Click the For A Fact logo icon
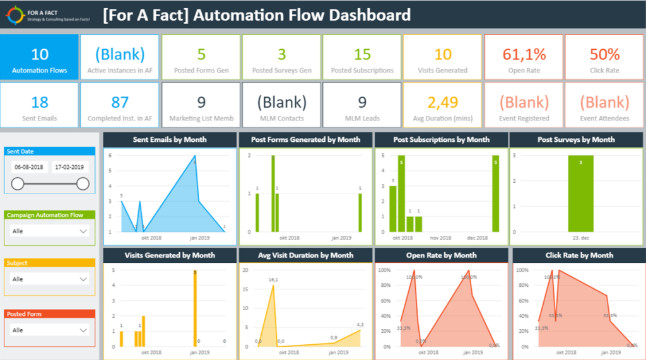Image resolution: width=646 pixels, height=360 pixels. click(x=14, y=15)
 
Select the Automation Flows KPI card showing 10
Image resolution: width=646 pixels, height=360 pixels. click(x=40, y=57)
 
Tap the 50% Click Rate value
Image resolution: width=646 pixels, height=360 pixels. click(x=604, y=54)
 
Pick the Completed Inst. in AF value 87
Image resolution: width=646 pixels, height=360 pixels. click(x=120, y=102)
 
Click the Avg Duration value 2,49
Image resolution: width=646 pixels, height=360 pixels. click(x=442, y=102)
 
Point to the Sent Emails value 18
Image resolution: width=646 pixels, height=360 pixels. click(x=40, y=102)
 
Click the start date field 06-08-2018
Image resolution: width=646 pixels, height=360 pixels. click(x=29, y=168)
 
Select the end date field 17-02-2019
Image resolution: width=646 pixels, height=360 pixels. click(x=70, y=168)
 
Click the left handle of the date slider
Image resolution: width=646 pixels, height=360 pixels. click(x=18, y=183)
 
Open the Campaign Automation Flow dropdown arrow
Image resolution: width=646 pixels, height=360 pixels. click(x=83, y=231)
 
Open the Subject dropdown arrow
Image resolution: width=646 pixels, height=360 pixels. click(x=83, y=279)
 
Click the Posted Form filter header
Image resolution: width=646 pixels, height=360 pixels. click(x=50, y=313)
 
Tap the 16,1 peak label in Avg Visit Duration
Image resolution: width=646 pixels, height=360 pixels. click(x=273, y=279)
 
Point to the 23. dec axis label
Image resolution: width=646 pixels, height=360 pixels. click(x=580, y=238)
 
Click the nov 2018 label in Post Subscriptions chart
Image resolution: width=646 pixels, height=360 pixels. click(x=440, y=238)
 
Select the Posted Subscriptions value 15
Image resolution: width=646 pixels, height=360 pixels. click(x=362, y=54)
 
